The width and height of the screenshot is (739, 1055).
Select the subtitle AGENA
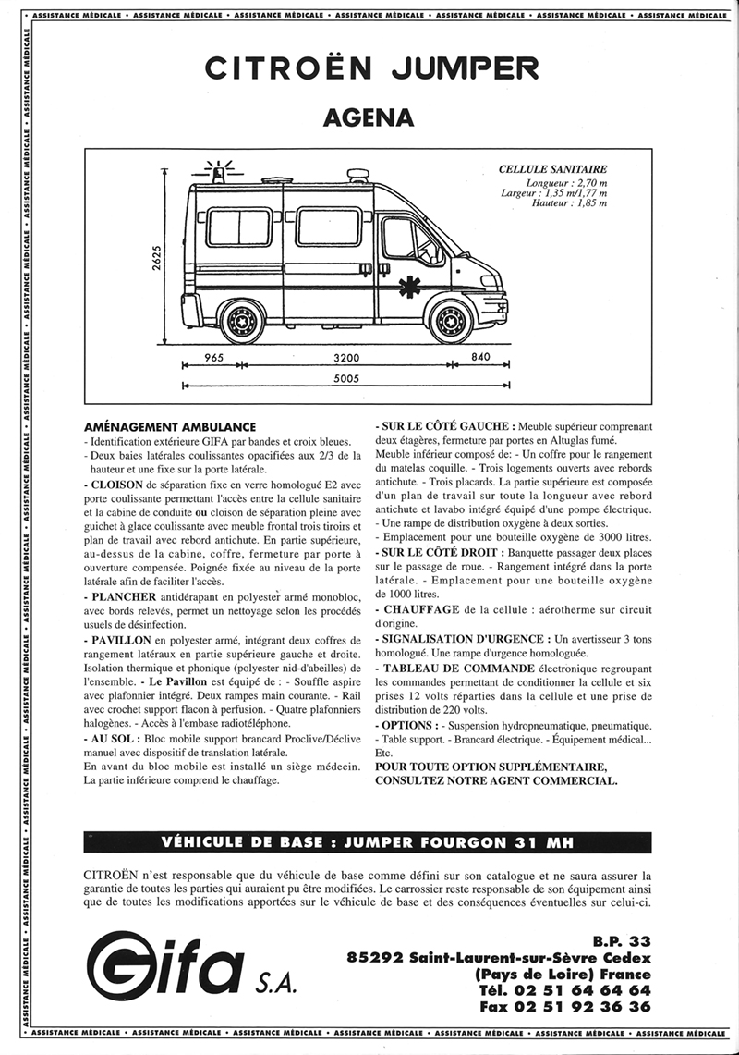click(369, 117)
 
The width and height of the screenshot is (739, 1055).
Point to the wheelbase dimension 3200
click(346, 358)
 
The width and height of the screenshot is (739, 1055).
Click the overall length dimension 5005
click(346, 377)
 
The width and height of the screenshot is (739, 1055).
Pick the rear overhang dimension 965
click(215, 358)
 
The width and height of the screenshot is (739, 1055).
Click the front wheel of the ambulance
click(450, 321)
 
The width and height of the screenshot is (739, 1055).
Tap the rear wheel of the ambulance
click(242, 321)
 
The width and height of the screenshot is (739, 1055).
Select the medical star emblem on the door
click(408, 288)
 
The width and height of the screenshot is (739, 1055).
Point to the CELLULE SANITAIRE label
click(552, 169)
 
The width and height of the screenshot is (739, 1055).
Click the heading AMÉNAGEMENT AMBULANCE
click(169, 427)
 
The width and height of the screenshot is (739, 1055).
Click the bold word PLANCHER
click(124, 597)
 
